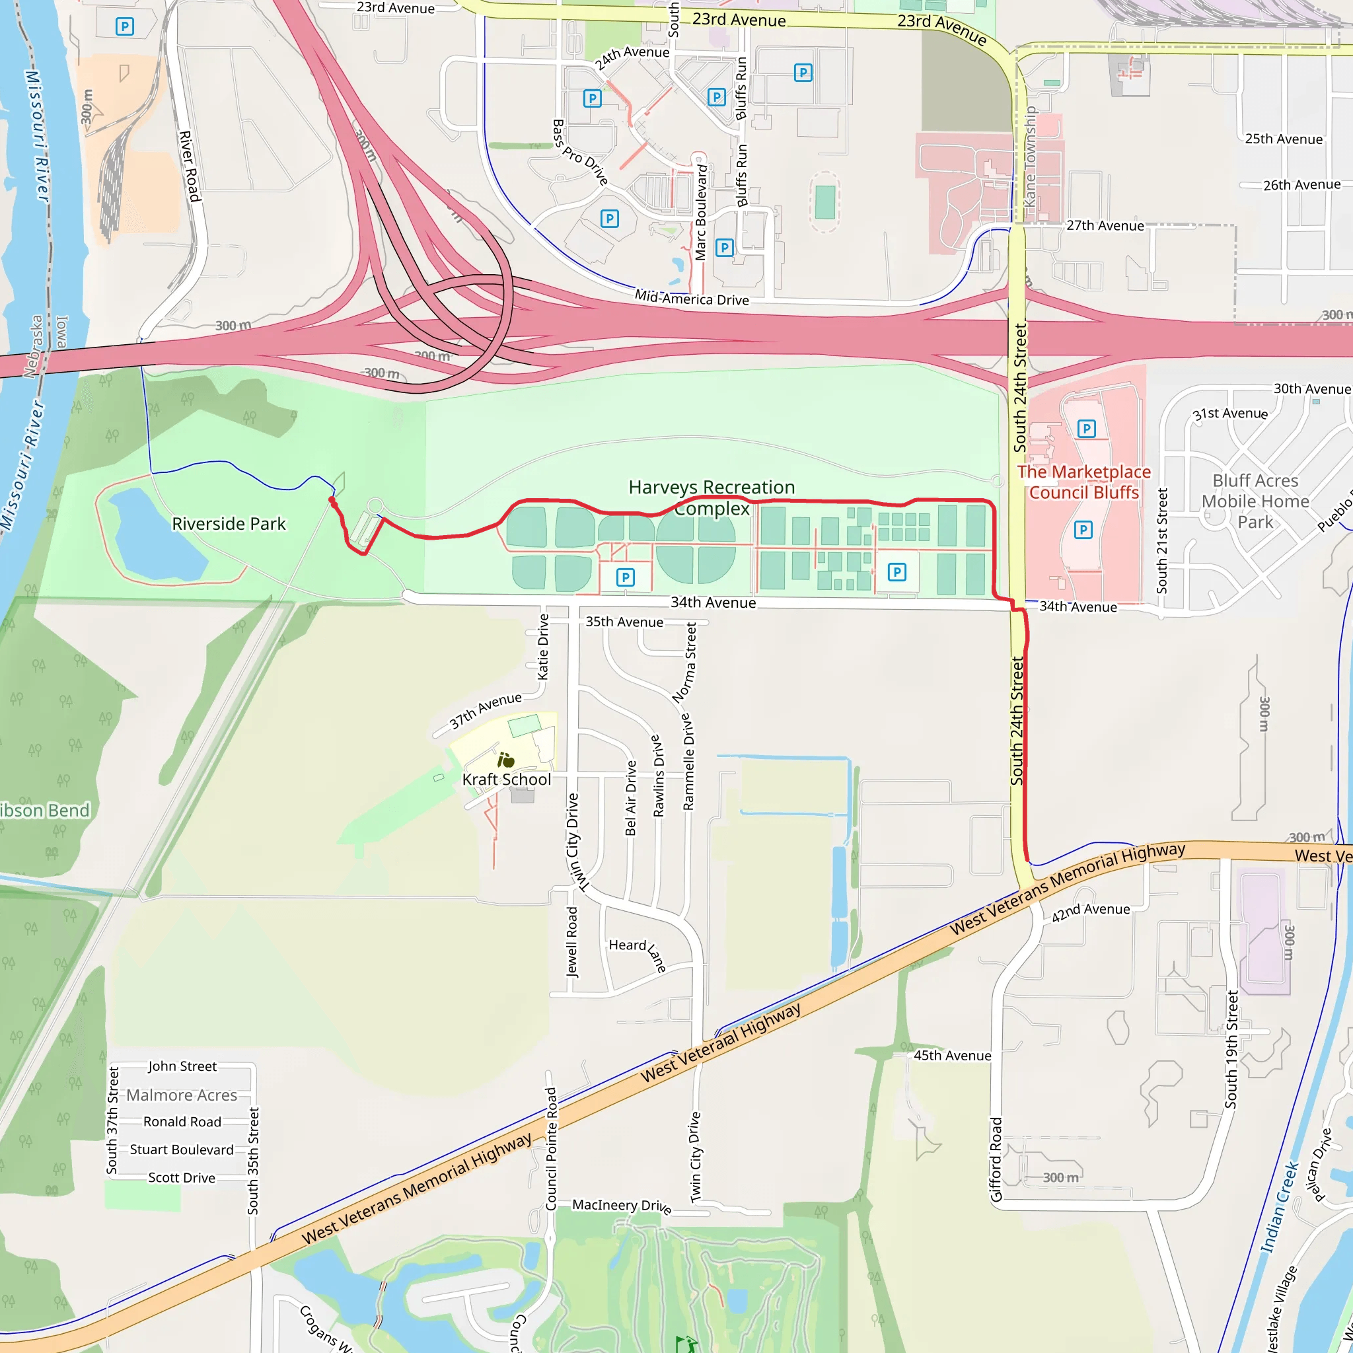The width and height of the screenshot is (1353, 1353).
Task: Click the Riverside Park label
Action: (229, 524)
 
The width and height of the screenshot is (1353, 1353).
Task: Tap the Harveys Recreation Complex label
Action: (712, 497)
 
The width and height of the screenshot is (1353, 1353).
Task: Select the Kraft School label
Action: (506, 780)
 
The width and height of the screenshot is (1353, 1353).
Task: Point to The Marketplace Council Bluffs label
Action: (1084, 482)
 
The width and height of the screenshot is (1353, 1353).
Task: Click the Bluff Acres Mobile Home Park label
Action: (1255, 501)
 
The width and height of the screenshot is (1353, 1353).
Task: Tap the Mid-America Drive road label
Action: (691, 299)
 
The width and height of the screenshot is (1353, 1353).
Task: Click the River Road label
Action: (190, 166)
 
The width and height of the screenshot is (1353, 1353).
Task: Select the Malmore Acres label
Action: (182, 1095)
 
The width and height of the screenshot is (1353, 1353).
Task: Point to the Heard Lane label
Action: (638, 954)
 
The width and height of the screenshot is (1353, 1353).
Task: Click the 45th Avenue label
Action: (952, 1055)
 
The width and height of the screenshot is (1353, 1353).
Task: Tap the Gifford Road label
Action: (996, 1159)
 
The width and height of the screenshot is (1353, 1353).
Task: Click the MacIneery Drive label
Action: (622, 1205)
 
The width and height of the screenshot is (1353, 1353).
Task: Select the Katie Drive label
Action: (543, 646)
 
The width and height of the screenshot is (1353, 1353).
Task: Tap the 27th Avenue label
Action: (1105, 225)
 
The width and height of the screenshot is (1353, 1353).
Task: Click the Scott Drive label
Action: (182, 1177)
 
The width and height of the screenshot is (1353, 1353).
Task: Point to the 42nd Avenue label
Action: (1090, 912)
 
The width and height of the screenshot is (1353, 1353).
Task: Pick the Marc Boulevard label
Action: (701, 212)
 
